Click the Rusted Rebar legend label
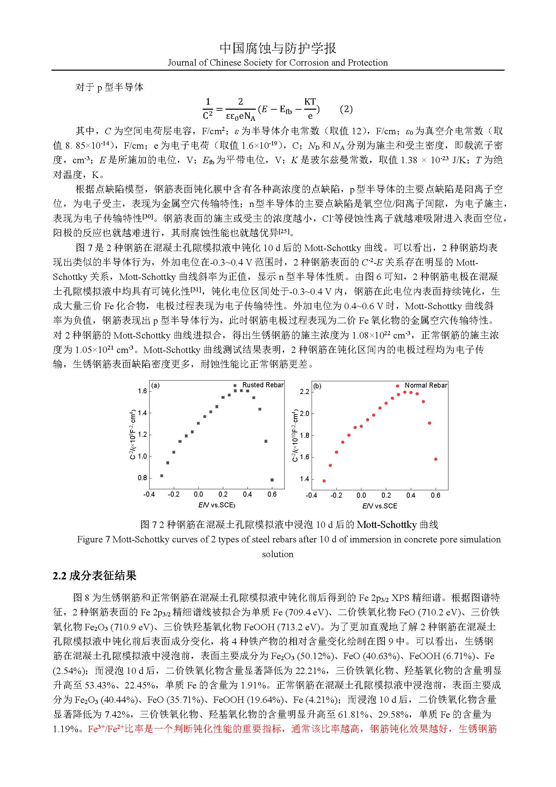pyautogui.click(x=263, y=385)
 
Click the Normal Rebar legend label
pyautogui.click(x=426, y=385)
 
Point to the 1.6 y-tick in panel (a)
pyautogui.click(x=142, y=391)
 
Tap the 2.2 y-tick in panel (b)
pyautogui.click(x=304, y=391)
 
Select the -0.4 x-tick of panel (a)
pyautogui.click(x=149, y=494)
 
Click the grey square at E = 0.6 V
pyautogui.click(x=272, y=480)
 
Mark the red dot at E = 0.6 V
pyautogui.click(x=436, y=459)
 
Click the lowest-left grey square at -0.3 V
pyautogui.click(x=162, y=476)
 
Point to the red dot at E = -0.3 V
pyautogui.click(x=324, y=481)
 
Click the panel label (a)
pyautogui.click(x=155, y=385)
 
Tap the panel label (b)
pyautogui.click(x=317, y=386)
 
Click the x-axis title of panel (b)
pyautogui.click(x=380, y=506)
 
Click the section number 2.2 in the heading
pyautogui.click(x=59, y=575)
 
